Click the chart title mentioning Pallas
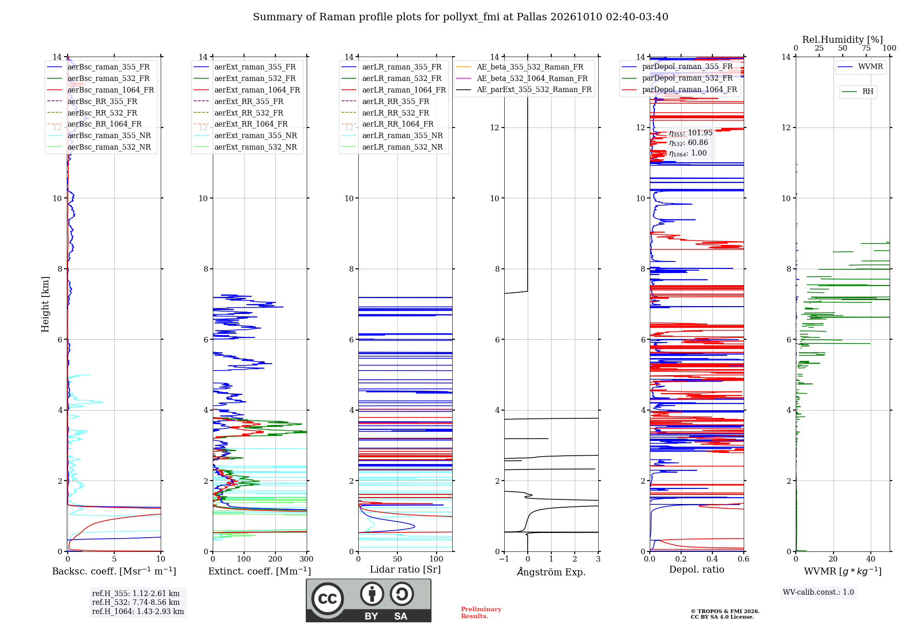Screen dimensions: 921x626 click(460, 17)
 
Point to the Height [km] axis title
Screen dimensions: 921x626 click(45, 304)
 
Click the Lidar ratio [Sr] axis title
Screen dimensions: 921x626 click(405, 569)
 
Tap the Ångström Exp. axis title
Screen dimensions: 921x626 click(551, 572)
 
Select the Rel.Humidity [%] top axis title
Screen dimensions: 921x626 click(843, 40)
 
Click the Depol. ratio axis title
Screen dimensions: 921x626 click(697, 569)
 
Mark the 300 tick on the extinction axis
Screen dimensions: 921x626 click(307, 559)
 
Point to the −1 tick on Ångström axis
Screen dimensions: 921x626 click(504, 559)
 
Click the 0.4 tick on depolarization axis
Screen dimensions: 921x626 click(712, 559)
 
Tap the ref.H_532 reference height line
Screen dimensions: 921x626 click(136, 602)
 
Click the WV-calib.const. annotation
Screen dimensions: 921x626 click(818, 592)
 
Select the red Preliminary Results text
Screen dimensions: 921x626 click(481, 613)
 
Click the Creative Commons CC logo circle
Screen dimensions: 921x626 click(327, 599)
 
